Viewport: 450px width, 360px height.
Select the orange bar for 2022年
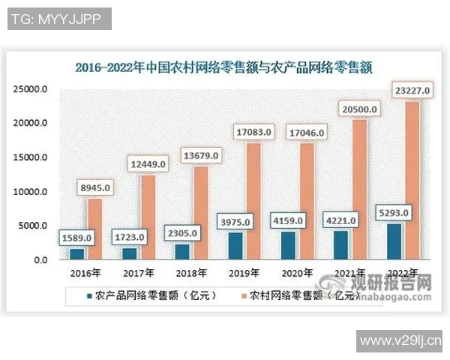coord(412,180)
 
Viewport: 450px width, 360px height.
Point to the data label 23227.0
coord(412,91)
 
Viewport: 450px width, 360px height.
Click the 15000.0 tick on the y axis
coord(32,158)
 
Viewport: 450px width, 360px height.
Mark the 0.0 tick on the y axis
coord(40,259)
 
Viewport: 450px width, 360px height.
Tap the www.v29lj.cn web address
coord(401,341)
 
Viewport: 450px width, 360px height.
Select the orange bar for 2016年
coord(95,229)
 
